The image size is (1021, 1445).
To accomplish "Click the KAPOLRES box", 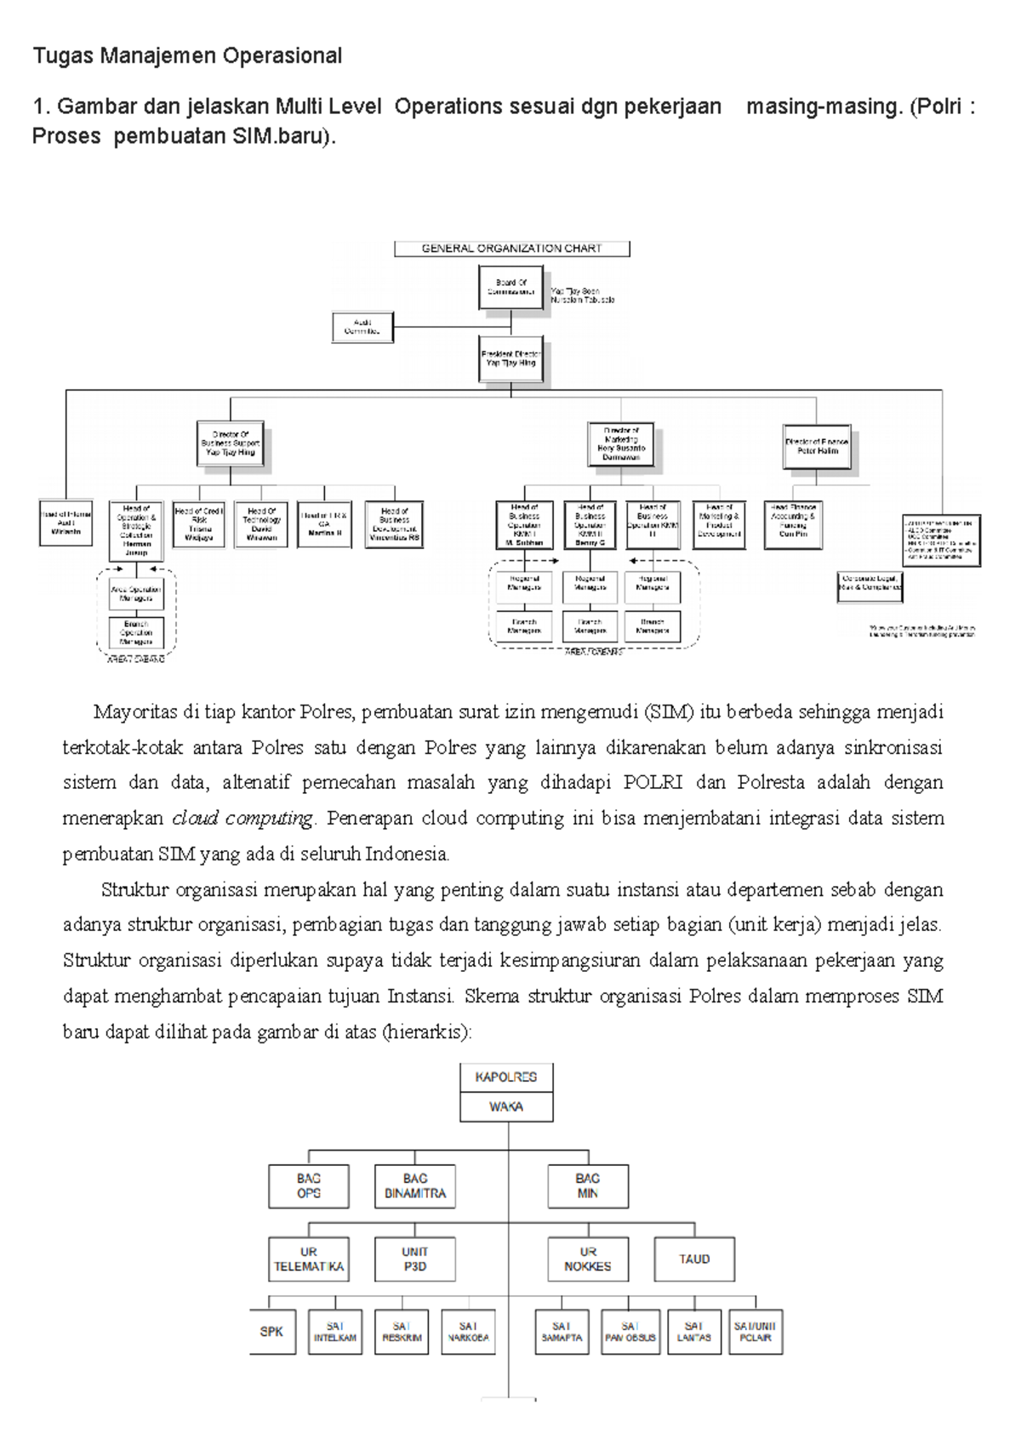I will point(506,1077).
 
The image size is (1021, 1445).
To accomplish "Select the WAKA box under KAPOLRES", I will point(506,1106).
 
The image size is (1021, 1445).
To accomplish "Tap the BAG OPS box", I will point(309,1185).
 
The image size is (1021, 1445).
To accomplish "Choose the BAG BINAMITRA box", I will point(415,1185).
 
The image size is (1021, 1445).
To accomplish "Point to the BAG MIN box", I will point(588,1185).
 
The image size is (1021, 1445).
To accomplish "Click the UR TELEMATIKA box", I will point(309,1259).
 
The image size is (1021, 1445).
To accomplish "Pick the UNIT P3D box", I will point(415,1259).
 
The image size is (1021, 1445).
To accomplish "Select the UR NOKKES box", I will point(588,1259).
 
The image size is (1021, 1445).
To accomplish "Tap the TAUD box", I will point(694,1259).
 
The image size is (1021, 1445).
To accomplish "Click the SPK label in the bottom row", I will point(271,1331).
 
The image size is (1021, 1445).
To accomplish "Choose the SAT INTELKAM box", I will point(335,1332).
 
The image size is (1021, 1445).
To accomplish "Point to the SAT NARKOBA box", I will point(468,1332).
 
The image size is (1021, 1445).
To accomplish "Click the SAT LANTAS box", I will point(693,1332).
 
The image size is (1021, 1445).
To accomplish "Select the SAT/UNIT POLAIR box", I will point(756,1332).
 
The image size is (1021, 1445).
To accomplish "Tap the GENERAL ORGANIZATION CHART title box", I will point(511,248).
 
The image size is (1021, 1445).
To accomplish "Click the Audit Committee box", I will point(362,328).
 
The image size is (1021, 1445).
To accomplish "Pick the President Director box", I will point(510,358).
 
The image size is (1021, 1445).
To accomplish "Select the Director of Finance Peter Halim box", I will point(817,447).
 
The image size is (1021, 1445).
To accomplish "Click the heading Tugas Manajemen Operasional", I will point(187,56).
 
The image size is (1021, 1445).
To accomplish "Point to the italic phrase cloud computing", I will point(242,819).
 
